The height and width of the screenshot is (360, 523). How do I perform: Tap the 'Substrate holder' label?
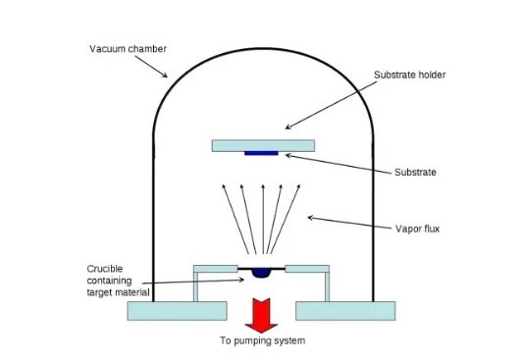(x=409, y=76)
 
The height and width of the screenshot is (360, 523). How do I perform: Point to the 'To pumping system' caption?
(x=262, y=341)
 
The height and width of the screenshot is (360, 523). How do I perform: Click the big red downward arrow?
(x=261, y=312)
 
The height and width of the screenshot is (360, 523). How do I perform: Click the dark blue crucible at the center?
(x=261, y=273)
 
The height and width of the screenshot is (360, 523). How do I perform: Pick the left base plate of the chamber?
(x=177, y=310)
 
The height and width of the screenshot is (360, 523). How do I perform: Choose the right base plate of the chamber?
(x=345, y=310)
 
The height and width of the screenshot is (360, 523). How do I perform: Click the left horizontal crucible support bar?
(x=216, y=268)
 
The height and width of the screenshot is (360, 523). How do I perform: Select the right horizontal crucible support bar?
(x=306, y=268)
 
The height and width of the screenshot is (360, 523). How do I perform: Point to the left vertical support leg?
(x=198, y=286)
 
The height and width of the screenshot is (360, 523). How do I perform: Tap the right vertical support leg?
(x=324, y=286)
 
